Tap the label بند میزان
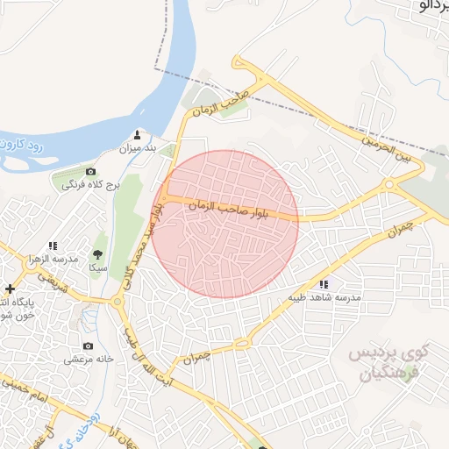(x=138, y=149)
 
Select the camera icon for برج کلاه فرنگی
(x=91, y=171)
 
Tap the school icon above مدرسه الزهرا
(x=53, y=246)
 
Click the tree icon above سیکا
(x=96, y=254)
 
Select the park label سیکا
(x=96, y=267)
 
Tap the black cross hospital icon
(x=10, y=289)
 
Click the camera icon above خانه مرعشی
(x=88, y=346)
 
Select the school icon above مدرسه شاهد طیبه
(x=324, y=283)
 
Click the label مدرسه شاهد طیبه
(x=324, y=297)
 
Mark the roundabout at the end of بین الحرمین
(x=388, y=185)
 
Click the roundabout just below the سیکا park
(x=118, y=303)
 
